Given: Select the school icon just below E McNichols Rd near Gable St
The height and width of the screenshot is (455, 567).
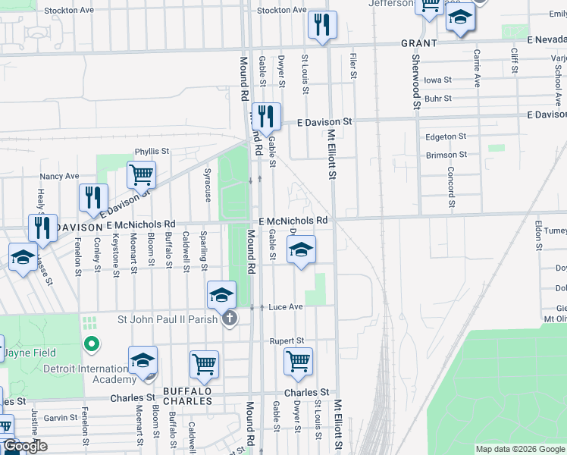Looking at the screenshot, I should (x=301, y=250).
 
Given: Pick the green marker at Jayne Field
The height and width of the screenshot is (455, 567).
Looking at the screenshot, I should (x=92, y=345).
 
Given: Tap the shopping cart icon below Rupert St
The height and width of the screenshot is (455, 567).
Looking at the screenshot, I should (x=299, y=362).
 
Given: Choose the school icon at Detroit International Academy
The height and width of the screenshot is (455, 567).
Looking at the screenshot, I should (x=143, y=362).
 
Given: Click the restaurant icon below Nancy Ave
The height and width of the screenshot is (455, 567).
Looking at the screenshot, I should (x=93, y=199).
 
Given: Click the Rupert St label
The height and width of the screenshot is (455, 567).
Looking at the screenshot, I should (x=287, y=341).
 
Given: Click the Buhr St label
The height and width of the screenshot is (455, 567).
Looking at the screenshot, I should (x=438, y=99).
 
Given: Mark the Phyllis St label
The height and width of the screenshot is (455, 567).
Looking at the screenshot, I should (x=150, y=152).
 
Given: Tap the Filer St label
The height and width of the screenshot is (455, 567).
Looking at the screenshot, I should (x=353, y=65).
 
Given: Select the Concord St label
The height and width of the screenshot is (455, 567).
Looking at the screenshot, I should (x=450, y=187).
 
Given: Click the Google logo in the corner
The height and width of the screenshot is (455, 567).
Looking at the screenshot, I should (x=24, y=447).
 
